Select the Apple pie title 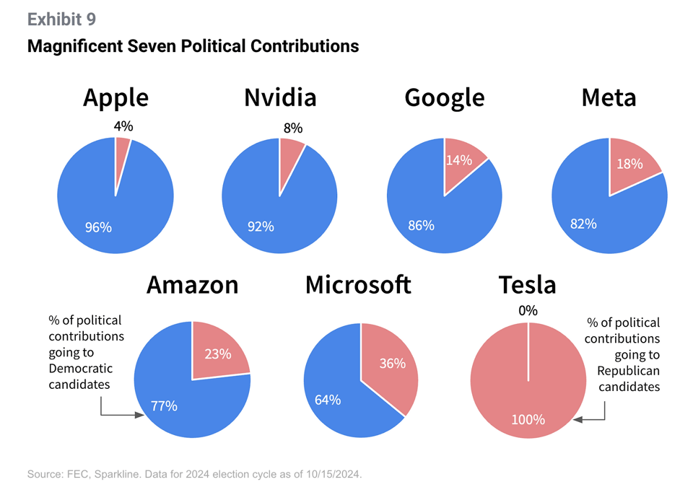tap(115, 97)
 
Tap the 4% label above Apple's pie tap(123, 126)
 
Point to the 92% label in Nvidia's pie tap(261, 227)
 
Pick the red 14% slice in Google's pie tap(462, 162)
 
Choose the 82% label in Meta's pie tap(583, 224)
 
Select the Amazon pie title tap(192, 285)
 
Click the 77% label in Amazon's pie tap(164, 405)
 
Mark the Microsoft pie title tap(358, 285)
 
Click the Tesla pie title tap(528, 285)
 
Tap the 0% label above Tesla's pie tap(528, 311)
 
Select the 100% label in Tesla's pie tap(528, 419)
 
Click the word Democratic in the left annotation tap(81, 369)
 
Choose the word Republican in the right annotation tap(628, 371)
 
